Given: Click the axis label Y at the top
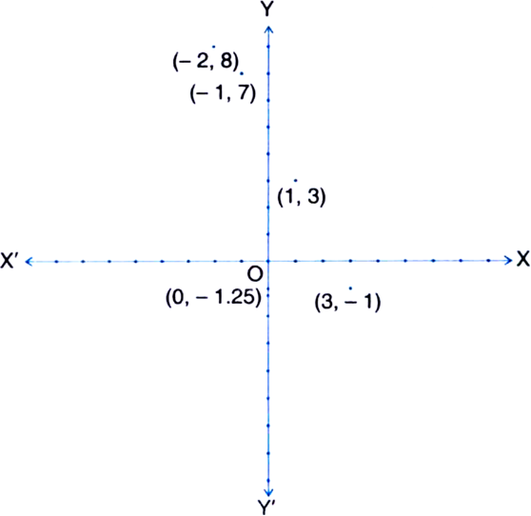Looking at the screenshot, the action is tap(267, 10).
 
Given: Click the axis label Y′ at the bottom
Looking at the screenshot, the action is tap(266, 507).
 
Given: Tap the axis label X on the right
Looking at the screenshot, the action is tap(522, 259).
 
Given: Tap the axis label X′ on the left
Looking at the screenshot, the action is tap(11, 261).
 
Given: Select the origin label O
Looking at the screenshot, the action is tap(255, 274).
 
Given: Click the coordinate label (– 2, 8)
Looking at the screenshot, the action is tap(206, 62).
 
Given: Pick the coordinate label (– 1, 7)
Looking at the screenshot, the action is tap(223, 93).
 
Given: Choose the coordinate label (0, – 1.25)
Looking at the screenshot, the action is tap(213, 298).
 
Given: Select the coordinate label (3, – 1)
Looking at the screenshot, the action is tap(347, 302).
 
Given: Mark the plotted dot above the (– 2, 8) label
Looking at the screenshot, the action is tap(213, 47).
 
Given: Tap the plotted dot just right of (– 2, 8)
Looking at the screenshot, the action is tap(241, 73).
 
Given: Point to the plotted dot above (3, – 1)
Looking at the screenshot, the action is tap(350, 288).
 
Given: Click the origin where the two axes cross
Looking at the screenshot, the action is tap(268, 261).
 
